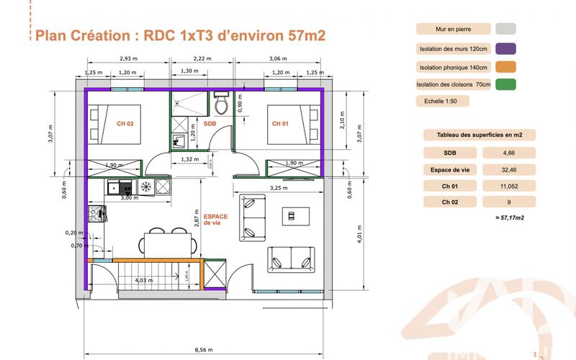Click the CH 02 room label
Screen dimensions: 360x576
(125, 123)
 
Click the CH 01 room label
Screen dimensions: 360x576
(280, 123)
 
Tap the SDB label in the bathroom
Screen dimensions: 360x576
(210, 123)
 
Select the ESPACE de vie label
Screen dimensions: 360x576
(215, 220)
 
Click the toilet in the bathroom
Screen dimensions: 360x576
(222, 104)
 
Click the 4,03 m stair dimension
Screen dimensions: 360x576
(144, 280)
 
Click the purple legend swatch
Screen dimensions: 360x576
(506, 49)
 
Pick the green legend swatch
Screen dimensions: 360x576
(506, 84)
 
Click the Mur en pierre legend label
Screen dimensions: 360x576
(453, 30)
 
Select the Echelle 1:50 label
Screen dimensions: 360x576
(442, 102)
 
